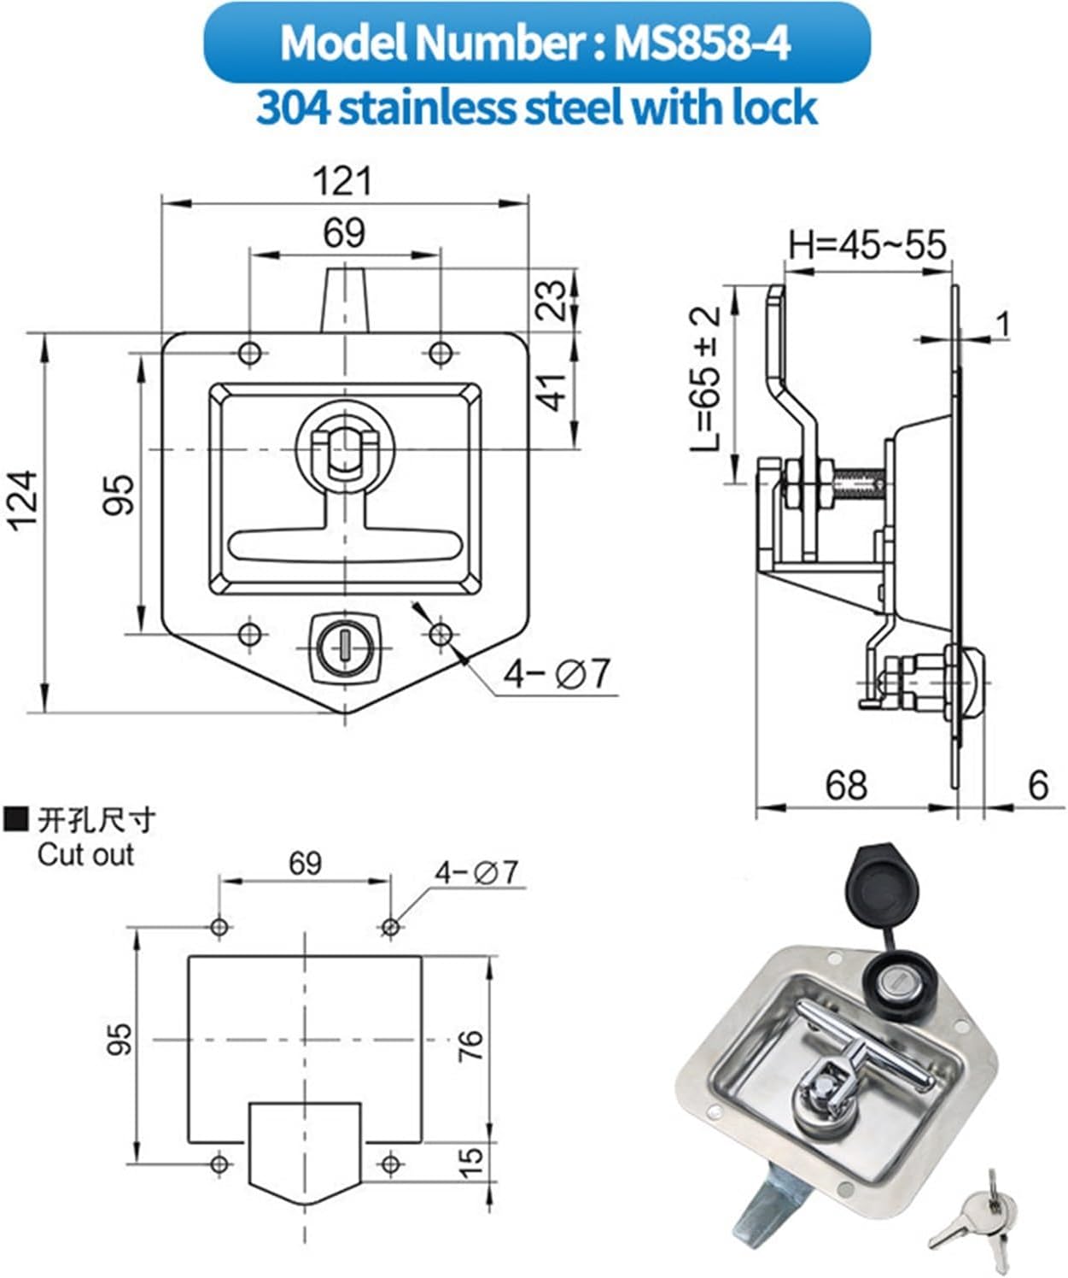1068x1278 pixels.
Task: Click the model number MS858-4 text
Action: coord(702,42)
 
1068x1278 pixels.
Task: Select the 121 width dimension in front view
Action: coord(343,182)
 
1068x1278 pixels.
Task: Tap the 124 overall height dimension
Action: coord(24,500)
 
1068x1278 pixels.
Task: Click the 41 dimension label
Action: coord(553,391)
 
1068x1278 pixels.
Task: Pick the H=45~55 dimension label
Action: coord(867,245)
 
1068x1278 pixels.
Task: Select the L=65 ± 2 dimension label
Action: coord(708,379)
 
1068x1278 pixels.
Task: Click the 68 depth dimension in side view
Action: coord(845,785)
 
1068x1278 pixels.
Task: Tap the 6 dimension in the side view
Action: coord(1037,785)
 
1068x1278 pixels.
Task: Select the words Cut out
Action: coord(85,854)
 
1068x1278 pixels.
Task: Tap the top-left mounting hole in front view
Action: coord(249,353)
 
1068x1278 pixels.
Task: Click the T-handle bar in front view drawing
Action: coord(345,543)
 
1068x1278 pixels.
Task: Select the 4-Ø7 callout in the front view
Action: coord(557,674)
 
